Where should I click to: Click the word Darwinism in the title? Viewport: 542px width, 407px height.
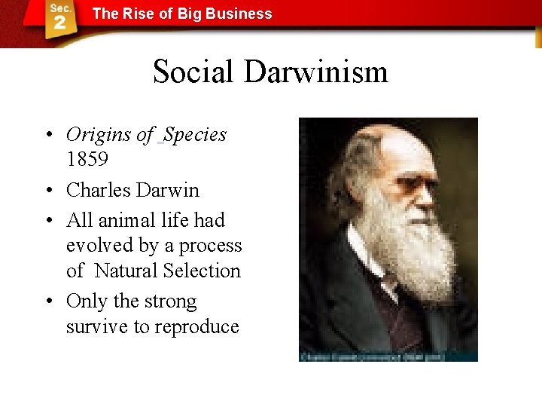coord(315,72)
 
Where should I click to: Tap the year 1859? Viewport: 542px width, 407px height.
coord(87,160)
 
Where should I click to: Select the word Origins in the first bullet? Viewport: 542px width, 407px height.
coord(99,135)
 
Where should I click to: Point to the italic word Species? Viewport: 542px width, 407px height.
coord(195,135)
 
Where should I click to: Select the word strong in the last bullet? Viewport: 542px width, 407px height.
coord(170,301)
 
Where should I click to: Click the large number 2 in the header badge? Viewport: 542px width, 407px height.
coord(60,23)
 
